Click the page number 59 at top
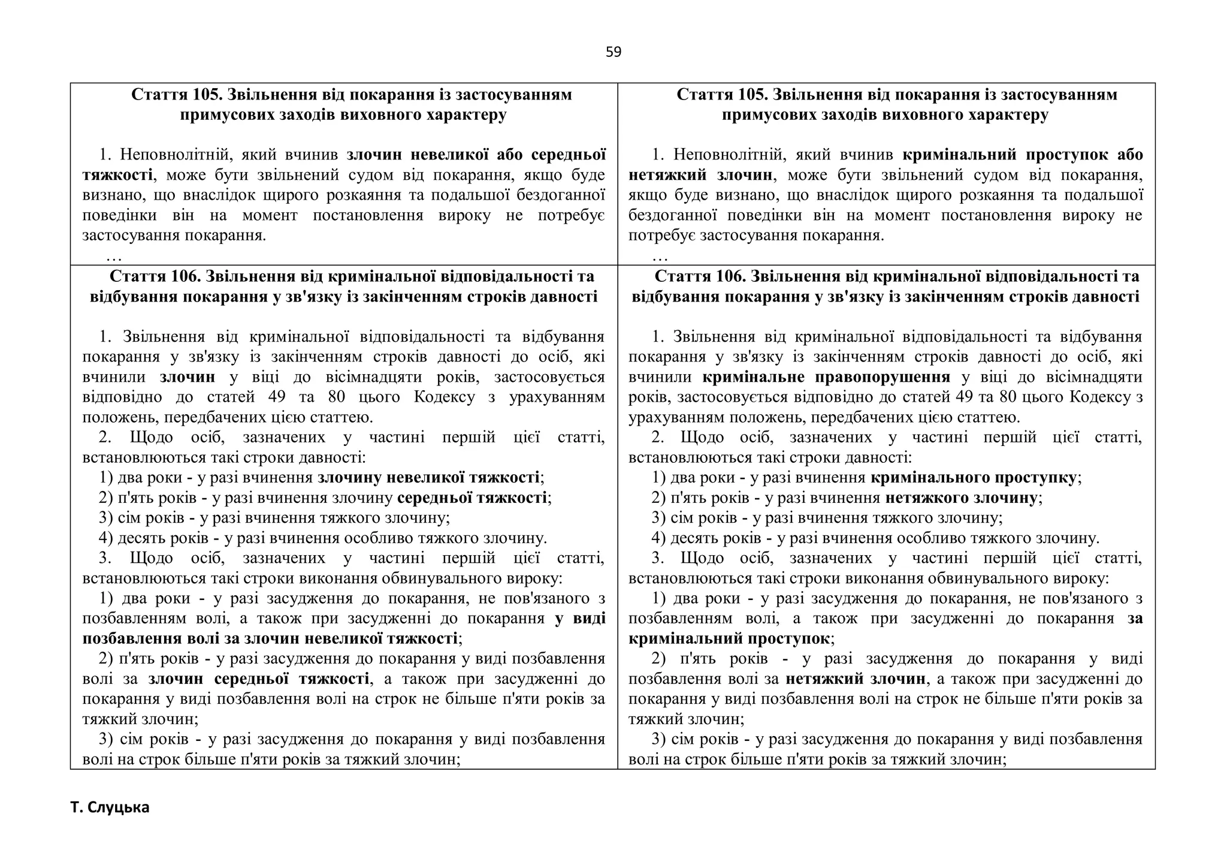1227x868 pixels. tap(613, 52)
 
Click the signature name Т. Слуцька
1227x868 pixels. tap(110, 807)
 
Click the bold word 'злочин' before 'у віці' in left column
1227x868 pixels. tap(188, 377)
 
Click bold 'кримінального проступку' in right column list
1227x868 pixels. tap(974, 478)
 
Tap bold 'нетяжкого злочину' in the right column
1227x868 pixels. tap(961, 498)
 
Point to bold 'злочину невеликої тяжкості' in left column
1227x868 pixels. tap(428, 478)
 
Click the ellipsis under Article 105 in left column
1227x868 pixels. tap(114, 257)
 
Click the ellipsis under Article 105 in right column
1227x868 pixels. tap(660, 257)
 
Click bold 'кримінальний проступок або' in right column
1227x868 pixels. tap(1022, 155)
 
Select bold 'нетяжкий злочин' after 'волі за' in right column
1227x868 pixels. tap(855, 679)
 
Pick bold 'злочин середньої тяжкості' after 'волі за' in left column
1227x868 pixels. tap(258, 679)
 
